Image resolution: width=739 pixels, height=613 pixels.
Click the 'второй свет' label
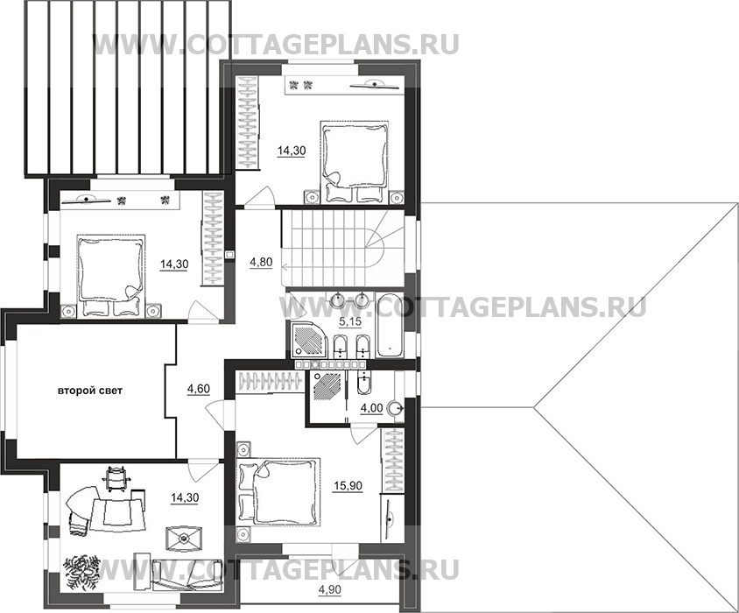point(90,391)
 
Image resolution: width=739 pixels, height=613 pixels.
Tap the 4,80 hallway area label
point(261,262)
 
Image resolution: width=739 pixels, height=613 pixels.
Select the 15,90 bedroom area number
point(348,486)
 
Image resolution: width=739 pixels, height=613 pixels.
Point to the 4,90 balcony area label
point(329,589)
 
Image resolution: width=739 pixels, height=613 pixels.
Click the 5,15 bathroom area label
point(349,322)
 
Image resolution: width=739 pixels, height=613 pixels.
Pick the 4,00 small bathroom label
point(371,408)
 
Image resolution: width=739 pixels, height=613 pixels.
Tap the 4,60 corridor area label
point(199,389)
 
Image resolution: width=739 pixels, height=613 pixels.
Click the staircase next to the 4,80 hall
point(343,248)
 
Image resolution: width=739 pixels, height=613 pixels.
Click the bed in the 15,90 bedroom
point(279,491)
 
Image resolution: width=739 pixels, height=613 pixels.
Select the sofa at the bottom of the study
point(187,574)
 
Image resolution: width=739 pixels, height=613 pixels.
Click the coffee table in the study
point(184,539)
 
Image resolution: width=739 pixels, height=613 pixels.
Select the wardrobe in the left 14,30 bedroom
point(212,237)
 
